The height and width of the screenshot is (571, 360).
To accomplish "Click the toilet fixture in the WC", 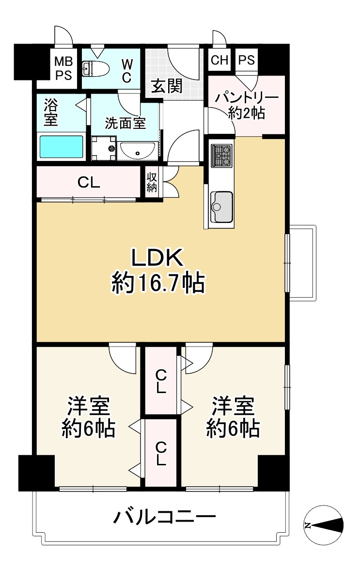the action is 96,68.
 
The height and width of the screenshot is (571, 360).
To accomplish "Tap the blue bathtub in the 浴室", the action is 61,147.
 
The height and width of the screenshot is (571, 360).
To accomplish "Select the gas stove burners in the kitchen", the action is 222,156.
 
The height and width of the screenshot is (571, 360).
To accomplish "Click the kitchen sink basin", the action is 222,206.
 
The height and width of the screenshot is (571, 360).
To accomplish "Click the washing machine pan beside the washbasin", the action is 104,148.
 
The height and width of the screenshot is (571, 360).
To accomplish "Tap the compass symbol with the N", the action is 324,525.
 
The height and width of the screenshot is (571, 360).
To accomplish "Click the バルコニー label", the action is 165,516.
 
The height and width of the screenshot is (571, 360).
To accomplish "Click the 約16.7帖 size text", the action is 158,283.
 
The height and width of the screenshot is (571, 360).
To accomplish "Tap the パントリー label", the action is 247,97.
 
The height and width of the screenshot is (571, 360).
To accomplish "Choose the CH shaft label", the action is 219,60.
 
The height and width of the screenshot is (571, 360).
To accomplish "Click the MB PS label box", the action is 63,68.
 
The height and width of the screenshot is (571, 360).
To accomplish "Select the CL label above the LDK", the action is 89,183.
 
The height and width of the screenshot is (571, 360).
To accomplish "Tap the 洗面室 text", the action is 125,124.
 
